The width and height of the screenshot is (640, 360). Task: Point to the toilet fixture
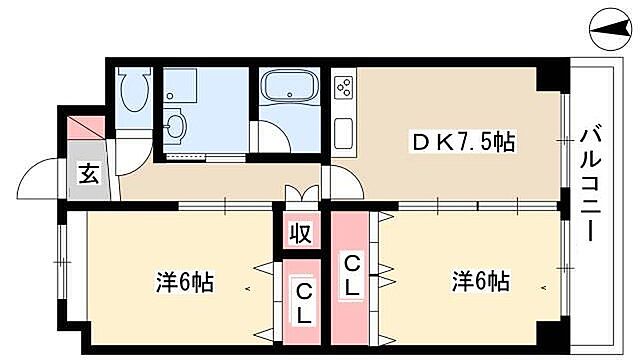pyautogui.click(x=131, y=93)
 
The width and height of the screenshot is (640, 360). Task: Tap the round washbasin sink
pyautogui.click(x=175, y=127)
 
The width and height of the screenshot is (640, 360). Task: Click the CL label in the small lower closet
pyautogui.click(x=301, y=303)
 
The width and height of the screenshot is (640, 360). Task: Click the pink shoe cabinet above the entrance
pyautogui.click(x=86, y=128)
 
